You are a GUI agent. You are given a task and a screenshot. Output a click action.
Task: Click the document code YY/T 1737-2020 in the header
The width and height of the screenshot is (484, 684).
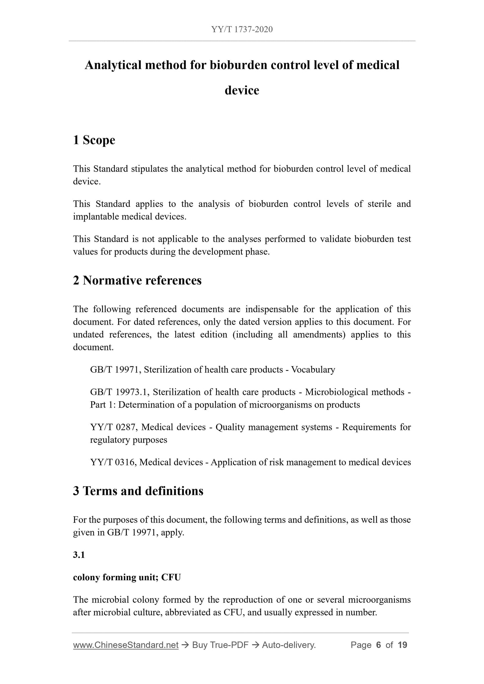(242, 29)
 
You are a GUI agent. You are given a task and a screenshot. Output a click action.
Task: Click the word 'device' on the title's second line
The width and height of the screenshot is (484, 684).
(242, 90)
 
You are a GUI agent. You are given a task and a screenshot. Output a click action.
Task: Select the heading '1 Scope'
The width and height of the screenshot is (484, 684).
(94, 140)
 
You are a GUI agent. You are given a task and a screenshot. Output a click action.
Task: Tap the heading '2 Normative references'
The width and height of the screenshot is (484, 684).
(137, 280)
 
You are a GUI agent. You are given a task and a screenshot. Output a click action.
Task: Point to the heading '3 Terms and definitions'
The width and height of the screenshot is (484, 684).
(138, 491)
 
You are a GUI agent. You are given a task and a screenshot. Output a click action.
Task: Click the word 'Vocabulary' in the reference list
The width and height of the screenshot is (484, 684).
(313, 370)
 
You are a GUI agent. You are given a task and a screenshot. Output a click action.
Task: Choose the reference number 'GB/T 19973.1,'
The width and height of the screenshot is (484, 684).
(119, 392)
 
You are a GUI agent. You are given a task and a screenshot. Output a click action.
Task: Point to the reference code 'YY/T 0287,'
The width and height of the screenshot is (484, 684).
(114, 427)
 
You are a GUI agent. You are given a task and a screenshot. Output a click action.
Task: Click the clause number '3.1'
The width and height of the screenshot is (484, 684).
(79, 555)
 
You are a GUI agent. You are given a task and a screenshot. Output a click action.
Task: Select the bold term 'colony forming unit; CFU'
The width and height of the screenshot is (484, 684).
(127, 578)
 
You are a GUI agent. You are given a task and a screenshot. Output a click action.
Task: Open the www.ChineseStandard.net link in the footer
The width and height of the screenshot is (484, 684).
(126, 645)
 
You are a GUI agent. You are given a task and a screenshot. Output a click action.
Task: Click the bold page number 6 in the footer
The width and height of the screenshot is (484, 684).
(378, 645)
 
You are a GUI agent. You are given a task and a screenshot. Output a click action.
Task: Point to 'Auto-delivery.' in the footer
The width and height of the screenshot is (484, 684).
(289, 645)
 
